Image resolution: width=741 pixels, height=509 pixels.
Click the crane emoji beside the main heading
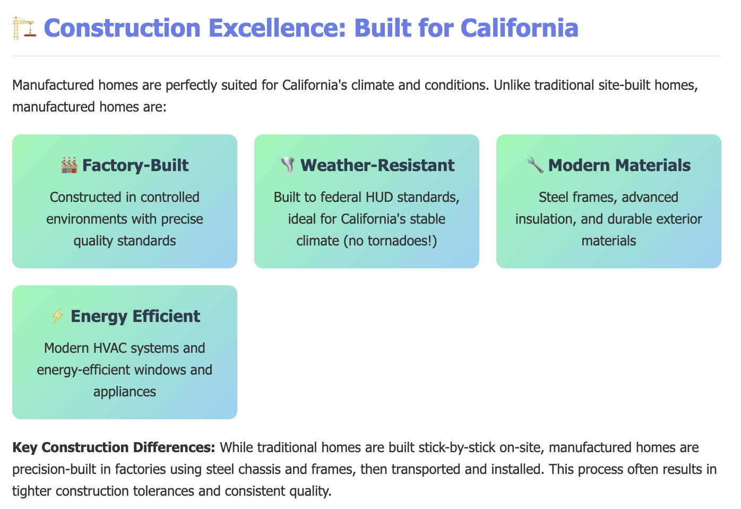[x=23, y=28]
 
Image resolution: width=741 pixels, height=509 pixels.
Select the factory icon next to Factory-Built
[x=70, y=165]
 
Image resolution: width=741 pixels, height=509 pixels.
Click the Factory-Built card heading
[x=135, y=165]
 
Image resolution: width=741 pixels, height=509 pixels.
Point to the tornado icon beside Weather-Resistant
[x=288, y=165]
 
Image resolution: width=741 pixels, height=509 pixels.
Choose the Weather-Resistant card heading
[x=377, y=165]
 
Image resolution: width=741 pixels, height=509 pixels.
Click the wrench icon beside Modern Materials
[x=535, y=165]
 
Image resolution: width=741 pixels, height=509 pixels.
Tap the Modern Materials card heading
[x=619, y=165]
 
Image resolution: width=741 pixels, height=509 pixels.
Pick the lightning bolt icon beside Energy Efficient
[x=57, y=316]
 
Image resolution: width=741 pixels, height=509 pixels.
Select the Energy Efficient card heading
[x=135, y=316]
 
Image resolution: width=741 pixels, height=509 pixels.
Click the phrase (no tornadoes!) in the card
[x=390, y=241]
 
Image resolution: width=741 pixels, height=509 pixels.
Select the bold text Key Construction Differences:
[x=114, y=448]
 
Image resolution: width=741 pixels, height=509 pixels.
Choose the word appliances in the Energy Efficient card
[x=125, y=392]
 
